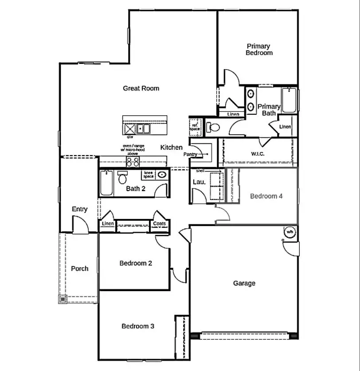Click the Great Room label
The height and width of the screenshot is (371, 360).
(x=141, y=88)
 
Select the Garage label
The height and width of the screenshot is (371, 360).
(x=244, y=283)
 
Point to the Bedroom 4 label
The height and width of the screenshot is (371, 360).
(x=266, y=196)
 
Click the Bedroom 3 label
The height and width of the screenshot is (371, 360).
(x=138, y=326)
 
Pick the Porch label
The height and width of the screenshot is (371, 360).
(x=80, y=269)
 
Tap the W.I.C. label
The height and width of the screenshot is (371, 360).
(x=258, y=154)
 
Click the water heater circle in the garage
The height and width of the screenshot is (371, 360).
(x=290, y=232)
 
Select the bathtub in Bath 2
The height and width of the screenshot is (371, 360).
(x=106, y=183)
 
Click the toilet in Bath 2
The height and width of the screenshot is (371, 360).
(x=122, y=178)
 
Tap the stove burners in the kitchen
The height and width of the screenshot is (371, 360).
(x=133, y=162)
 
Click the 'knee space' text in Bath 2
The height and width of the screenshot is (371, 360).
(x=148, y=175)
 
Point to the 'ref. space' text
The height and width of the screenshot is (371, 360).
(x=195, y=126)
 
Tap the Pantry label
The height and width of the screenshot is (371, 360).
(x=190, y=154)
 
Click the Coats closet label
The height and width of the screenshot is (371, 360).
(x=159, y=224)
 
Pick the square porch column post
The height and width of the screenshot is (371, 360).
(x=63, y=300)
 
